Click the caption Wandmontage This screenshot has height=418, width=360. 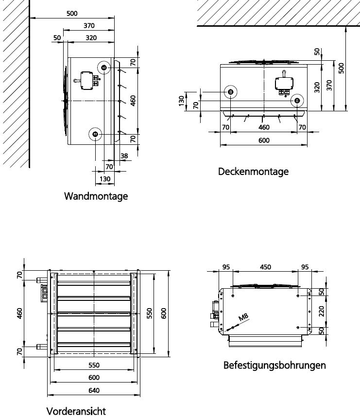pyautogui.click(x=96, y=196)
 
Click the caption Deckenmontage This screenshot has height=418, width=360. pyautogui.click(x=253, y=172)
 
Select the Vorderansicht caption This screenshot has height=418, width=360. pyautogui.click(x=76, y=411)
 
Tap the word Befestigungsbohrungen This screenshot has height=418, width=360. pyautogui.click(x=274, y=365)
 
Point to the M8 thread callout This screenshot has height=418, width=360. pyautogui.click(x=244, y=319)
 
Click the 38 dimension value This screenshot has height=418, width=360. pyautogui.click(x=124, y=156)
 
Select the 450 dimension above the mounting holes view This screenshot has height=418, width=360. pyautogui.click(x=265, y=267)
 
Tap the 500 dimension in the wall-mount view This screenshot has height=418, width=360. pyautogui.click(x=71, y=14)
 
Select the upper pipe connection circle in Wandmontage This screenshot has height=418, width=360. pyautogui.click(x=105, y=67)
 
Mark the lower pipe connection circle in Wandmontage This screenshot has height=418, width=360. pyautogui.click(x=95, y=134)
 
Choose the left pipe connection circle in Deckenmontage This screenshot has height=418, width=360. pyautogui.click(x=230, y=92)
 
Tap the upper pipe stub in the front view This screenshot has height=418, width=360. pyautogui.click(x=42, y=280)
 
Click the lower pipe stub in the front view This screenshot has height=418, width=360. pyautogui.click(x=42, y=347)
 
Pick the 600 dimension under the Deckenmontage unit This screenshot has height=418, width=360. pyautogui.click(x=263, y=141)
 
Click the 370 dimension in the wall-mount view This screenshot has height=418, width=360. pyautogui.click(x=89, y=25)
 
